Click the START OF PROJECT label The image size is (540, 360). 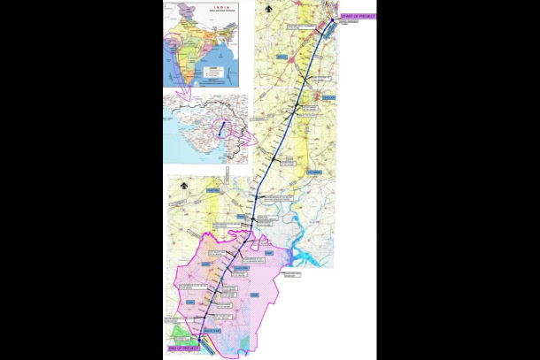358,17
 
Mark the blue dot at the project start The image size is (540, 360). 333,19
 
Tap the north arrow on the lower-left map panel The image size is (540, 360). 182,186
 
